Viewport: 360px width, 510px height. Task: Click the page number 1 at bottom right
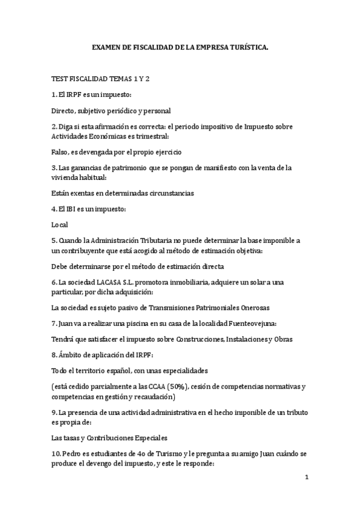306,478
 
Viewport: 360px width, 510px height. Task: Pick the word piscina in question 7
129,323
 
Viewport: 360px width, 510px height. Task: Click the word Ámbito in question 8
72,355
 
